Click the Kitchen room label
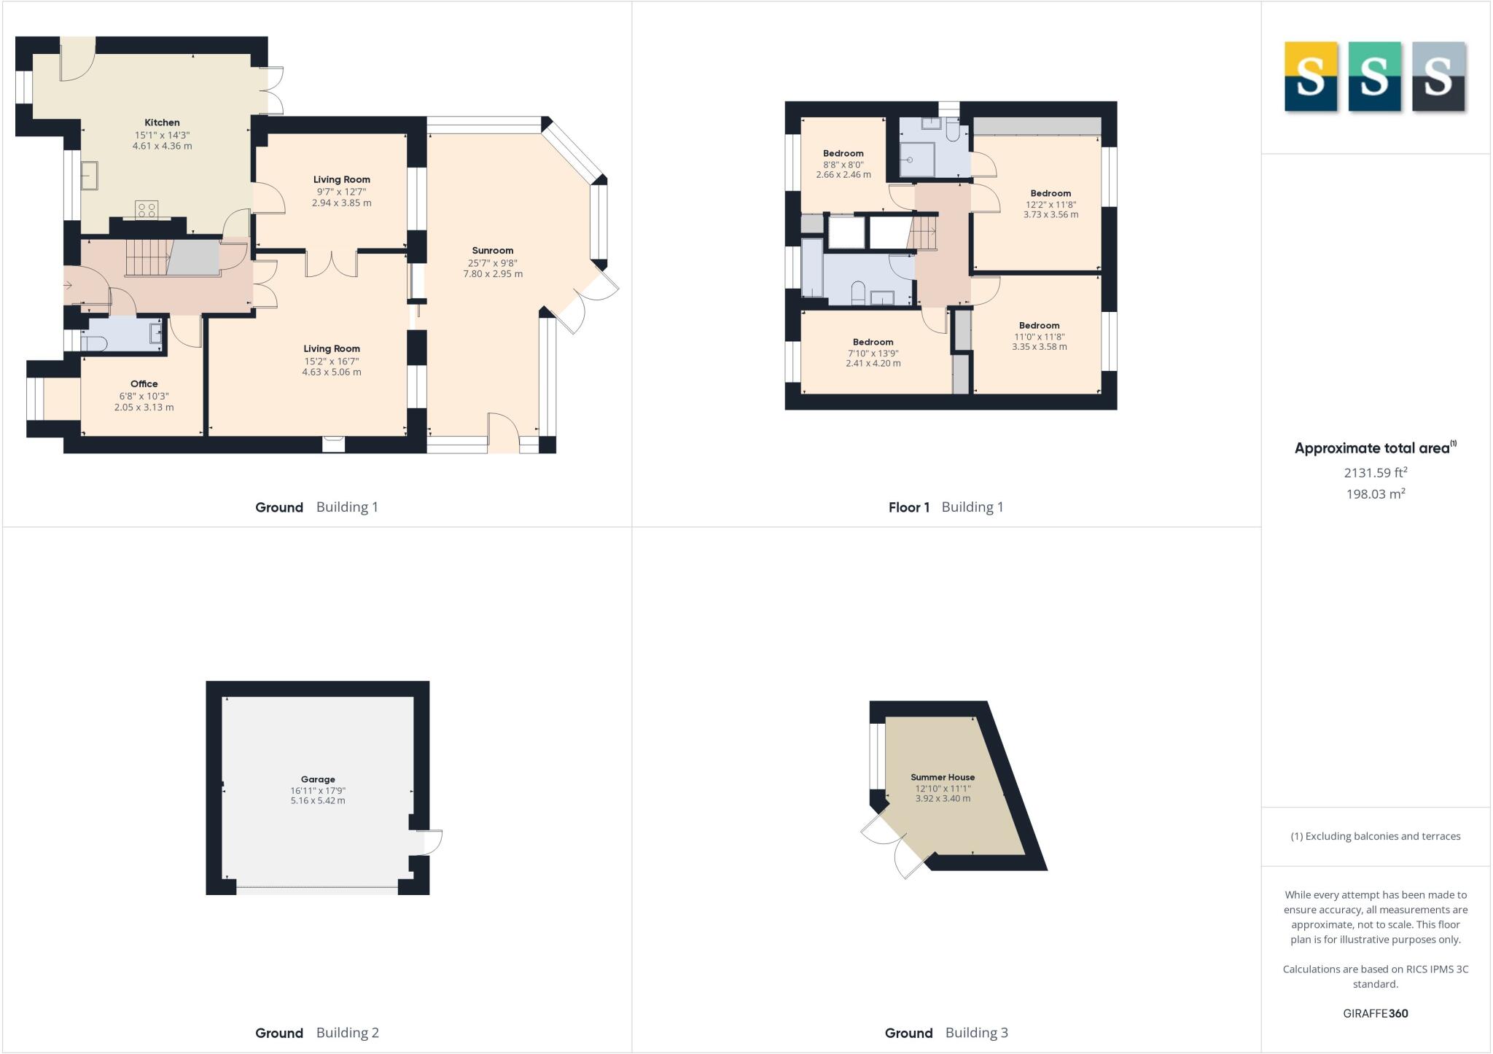(x=162, y=122)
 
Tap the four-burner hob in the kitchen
(x=147, y=210)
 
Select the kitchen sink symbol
(x=90, y=176)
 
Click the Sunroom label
(x=492, y=250)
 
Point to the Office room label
(x=144, y=383)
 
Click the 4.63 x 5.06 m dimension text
(x=332, y=372)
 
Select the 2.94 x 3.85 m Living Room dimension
(x=341, y=203)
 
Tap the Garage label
(x=318, y=779)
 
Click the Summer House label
(x=942, y=777)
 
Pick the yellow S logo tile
(x=1310, y=77)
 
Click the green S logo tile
(x=1374, y=77)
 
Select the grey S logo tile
(x=1438, y=77)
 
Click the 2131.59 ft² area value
(x=1375, y=472)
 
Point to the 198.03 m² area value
(x=1375, y=494)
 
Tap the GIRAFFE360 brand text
(x=1375, y=1013)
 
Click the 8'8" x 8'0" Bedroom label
(x=843, y=154)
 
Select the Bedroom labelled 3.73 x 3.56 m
(x=1050, y=194)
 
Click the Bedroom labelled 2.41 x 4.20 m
(x=873, y=342)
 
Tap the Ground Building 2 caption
(x=316, y=1032)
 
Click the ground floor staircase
(x=148, y=258)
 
